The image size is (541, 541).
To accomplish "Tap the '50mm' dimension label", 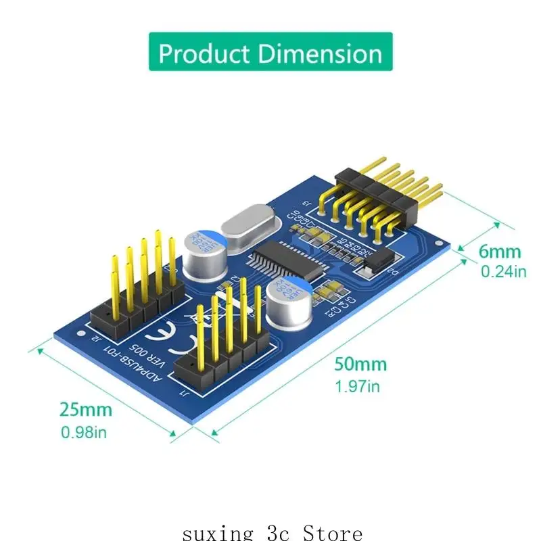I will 360,364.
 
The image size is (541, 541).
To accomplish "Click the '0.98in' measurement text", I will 85,431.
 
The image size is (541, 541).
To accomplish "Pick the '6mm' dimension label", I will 500,252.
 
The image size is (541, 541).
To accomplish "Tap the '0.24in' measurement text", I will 503,272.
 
